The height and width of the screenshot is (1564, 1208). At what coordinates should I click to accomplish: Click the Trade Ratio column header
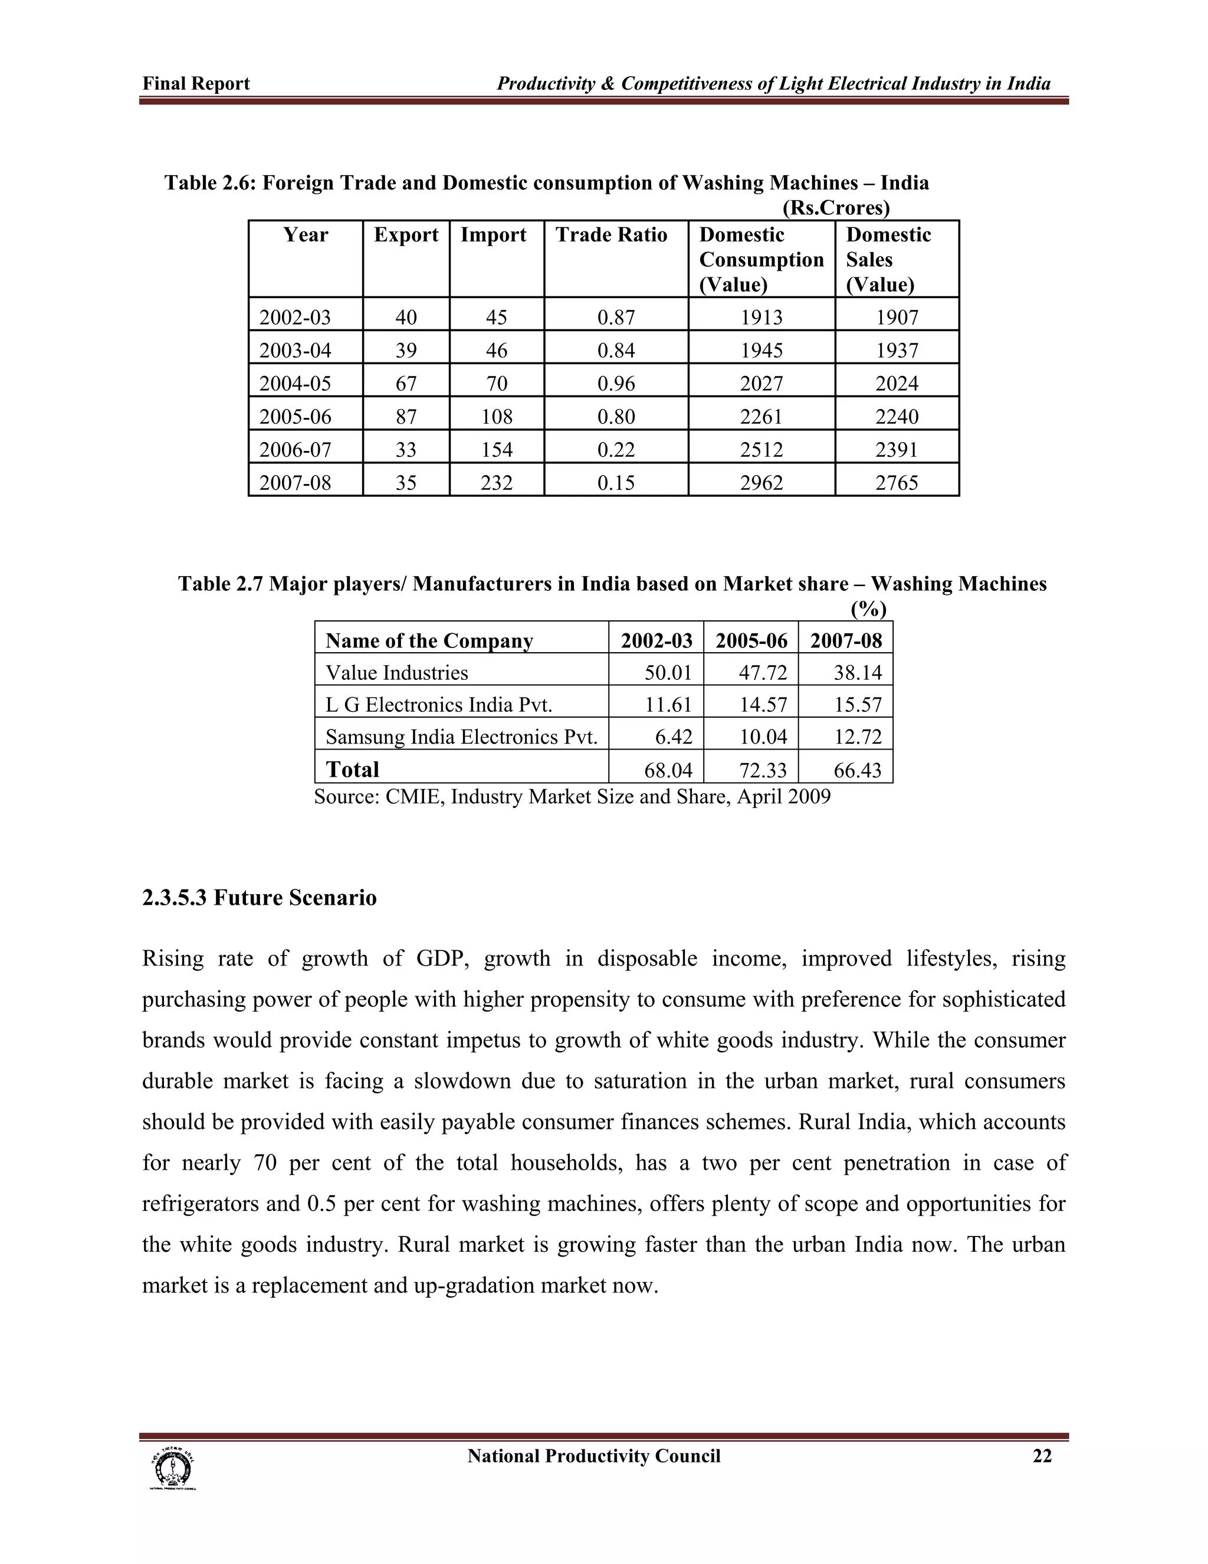pos(611,235)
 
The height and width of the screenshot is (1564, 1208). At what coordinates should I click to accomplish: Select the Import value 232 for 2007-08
pos(497,482)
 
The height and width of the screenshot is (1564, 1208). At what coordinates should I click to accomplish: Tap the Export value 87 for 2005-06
pos(406,416)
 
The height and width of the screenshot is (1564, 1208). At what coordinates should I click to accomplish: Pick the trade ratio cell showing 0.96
pos(616,383)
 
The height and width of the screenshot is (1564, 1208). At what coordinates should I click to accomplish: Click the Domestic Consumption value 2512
pos(761,449)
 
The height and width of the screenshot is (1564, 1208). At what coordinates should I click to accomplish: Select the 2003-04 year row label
pos(295,350)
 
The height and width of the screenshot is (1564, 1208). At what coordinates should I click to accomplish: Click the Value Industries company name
pos(396,672)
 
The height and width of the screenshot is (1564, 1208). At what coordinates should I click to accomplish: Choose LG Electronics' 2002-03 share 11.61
pos(668,705)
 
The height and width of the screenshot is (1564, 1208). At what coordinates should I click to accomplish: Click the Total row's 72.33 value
pos(763,770)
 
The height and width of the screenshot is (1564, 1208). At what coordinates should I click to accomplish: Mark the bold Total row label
pos(352,769)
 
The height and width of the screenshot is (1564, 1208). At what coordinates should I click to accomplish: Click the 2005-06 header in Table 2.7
pos(751,640)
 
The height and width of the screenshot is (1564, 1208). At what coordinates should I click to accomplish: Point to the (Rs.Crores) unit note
pos(836,208)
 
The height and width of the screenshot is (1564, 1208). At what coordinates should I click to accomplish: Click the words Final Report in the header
pos(196,84)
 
